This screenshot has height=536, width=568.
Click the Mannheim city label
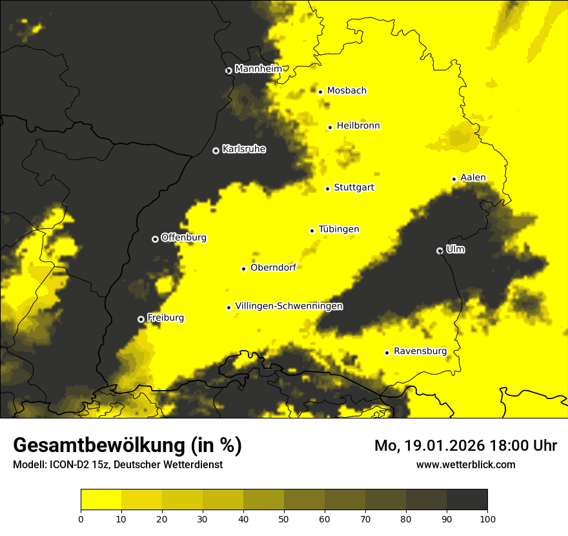(258, 69)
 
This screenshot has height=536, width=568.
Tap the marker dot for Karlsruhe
(216, 150)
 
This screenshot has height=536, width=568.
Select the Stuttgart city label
(354, 188)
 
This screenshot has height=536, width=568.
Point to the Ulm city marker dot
(440, 251)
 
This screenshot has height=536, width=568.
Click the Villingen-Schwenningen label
(289, 306)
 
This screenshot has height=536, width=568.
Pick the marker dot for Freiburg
(141, 319)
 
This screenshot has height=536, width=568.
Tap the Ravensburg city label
(420, 351)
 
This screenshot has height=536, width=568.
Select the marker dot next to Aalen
(454, 179)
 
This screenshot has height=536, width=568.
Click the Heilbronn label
(358, 126)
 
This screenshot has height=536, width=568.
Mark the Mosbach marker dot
(320, 92)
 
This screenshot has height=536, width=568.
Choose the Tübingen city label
(339, 229)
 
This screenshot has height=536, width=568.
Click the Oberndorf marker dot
(243, 269)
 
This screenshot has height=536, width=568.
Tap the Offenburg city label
(183, 238)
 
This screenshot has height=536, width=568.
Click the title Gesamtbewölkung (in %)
(127, 446)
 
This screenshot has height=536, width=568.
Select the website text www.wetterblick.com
(465, 464)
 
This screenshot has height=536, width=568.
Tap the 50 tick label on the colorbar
(284, 519)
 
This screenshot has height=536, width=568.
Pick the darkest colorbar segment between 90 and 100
(467, 499)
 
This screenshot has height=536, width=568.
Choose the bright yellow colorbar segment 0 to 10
(101, 499)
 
